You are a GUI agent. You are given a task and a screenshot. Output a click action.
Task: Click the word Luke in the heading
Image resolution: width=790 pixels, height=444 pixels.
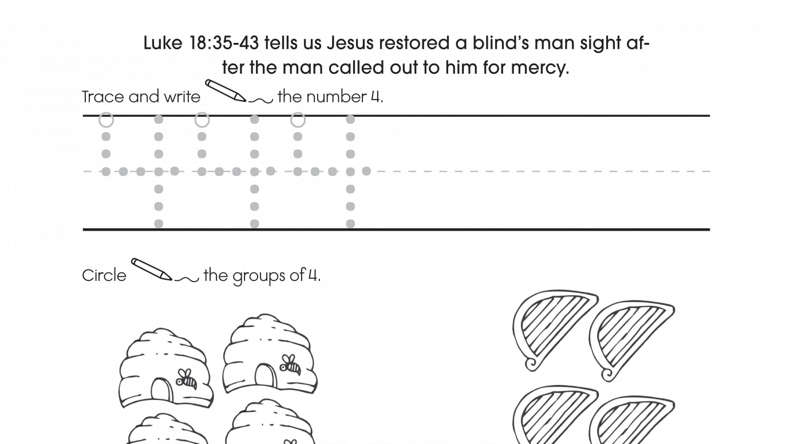coord(163,43)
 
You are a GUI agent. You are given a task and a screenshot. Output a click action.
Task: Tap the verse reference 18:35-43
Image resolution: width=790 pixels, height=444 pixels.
coord(224,43)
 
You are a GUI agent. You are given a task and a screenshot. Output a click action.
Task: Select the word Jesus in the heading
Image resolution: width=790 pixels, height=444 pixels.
coord(350,43)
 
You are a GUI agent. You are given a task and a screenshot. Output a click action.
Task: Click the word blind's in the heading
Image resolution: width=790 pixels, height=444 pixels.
coord(500,43)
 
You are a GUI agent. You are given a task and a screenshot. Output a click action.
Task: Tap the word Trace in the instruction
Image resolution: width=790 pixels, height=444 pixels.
coord(102,97)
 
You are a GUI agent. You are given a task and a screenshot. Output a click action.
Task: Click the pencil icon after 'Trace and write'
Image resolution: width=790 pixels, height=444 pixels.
coord(226,90)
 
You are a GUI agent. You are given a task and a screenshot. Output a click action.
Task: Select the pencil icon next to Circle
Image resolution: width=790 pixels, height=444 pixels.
coord(152,269)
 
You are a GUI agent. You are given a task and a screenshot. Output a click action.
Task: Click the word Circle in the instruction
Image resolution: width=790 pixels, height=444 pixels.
coord(104,276)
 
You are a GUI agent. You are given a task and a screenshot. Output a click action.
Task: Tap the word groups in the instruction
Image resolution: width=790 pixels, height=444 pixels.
coord(259,276)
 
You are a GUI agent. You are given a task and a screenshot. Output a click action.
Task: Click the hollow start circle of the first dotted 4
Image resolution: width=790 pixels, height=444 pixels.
coord(106,120)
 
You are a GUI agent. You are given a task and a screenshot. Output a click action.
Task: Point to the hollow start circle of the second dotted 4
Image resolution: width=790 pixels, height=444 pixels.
coord(202,120)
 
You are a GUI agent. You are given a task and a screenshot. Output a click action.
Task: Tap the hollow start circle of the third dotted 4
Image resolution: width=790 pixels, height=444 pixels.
coord(298,120)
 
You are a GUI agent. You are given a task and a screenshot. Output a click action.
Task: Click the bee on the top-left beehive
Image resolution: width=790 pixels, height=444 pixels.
coord(186,379)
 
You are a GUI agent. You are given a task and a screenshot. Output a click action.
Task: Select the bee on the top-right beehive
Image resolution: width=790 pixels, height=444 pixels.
coord(290,365)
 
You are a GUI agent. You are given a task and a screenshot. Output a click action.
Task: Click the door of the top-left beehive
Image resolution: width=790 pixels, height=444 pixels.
coord(162,390)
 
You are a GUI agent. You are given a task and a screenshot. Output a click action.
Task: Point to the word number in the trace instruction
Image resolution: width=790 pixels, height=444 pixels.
coord(337,97)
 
